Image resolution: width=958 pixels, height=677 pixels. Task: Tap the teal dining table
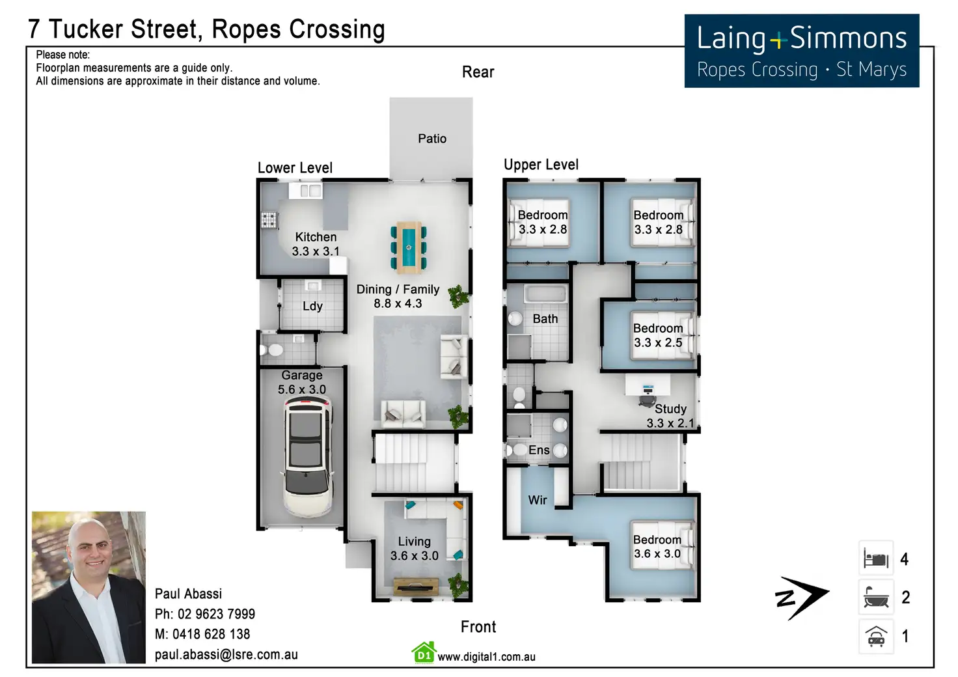coord(409,247)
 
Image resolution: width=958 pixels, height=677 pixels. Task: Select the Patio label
coord(432,139)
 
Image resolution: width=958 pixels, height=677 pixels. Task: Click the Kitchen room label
coord(316,238)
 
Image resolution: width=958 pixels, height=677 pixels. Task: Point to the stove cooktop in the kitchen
coord(269,220)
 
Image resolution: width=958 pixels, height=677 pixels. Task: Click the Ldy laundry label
coord(312,306)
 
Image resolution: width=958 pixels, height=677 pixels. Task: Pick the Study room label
coord(670,409)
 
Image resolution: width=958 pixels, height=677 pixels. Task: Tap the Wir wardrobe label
coord(538,500)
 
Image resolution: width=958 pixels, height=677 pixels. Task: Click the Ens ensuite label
coord(539,450)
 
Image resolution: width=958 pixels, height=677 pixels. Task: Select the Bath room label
coord(545,319)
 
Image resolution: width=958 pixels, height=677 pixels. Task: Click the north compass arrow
coord(802,597)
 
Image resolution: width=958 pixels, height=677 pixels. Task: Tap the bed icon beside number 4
coord(876,559)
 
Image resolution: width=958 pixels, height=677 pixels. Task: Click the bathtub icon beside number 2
coord(876,597)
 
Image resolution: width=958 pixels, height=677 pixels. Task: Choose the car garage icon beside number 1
coord(876,636)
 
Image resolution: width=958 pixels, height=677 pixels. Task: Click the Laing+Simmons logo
coord(802,51)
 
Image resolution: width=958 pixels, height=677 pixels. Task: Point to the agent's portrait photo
coord(89,587)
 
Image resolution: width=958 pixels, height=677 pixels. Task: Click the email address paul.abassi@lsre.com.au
coord(226,654)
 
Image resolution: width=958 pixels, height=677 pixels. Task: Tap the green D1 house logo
coord(423,653)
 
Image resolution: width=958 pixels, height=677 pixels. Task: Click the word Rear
coord(478,72)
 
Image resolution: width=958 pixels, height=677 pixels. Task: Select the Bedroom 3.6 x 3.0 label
coord(657,547)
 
